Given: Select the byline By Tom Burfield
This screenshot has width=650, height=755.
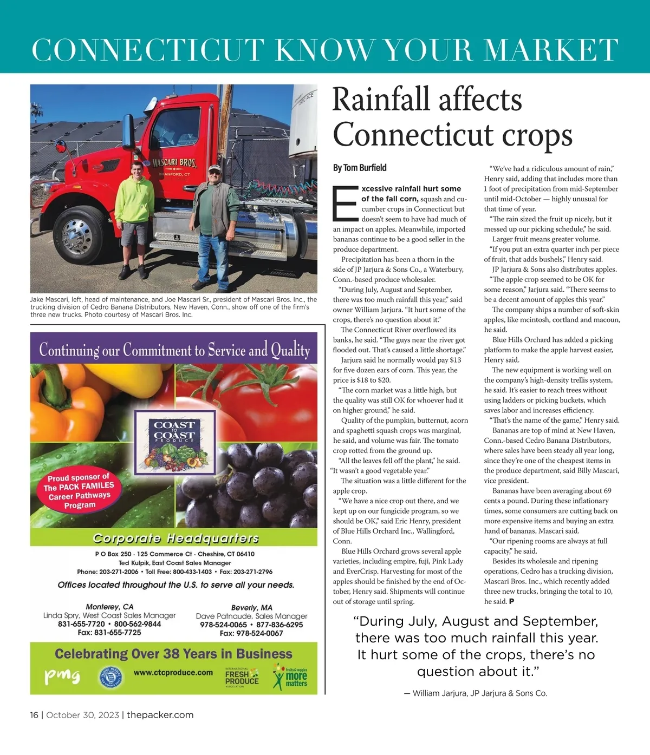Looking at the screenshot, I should [x=360, y=168].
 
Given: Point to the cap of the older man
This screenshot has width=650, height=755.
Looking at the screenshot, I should [x=215, y=168].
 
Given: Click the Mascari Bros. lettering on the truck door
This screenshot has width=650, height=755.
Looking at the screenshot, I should [x=174, y=162].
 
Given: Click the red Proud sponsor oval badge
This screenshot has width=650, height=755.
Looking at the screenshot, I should [x=79, y=491].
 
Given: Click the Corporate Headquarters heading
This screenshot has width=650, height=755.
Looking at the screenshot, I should [x=175, y=538].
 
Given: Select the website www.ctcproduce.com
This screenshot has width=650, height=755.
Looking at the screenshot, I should [x=173, y=672].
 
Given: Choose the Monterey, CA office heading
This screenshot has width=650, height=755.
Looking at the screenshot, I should [x=109, y=607].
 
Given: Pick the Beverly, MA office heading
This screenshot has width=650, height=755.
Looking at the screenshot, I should [x=251, y=607].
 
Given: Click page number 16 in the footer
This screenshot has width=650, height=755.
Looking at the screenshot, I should [x=34, y=715].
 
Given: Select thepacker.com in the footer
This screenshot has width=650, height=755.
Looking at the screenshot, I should [x=160, y=715].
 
